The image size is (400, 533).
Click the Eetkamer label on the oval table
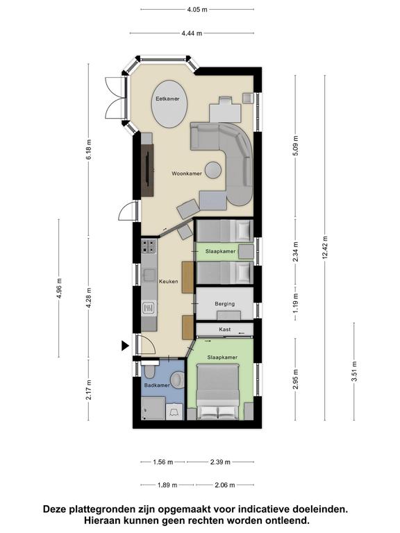click(167, 99)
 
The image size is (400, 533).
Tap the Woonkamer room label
click(187, 174)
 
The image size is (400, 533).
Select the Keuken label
click(168, 282)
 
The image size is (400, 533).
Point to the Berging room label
click(224, 304)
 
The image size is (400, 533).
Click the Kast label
click(225, 330)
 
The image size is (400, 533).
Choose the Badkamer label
click(157, 385)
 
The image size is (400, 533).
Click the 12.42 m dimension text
click(325, 247)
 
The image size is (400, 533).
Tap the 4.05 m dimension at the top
click(197, 10)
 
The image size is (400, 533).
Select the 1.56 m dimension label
click(163, 462)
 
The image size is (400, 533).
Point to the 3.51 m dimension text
click(354, 371)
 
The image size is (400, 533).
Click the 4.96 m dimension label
click(59, 288)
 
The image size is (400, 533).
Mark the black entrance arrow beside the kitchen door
click(125, 346)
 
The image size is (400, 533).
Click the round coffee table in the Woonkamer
click(213, 170)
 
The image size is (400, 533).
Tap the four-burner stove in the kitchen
click(149, 246)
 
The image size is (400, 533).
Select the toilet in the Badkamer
click(150, 370)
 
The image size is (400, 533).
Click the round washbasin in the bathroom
click(178, 380)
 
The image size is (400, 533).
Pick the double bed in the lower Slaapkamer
click(217, 391)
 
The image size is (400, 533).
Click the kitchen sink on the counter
click(149, 275)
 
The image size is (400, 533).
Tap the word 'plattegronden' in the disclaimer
click(100, 509)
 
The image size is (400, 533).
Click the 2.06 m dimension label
click(225, 485)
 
